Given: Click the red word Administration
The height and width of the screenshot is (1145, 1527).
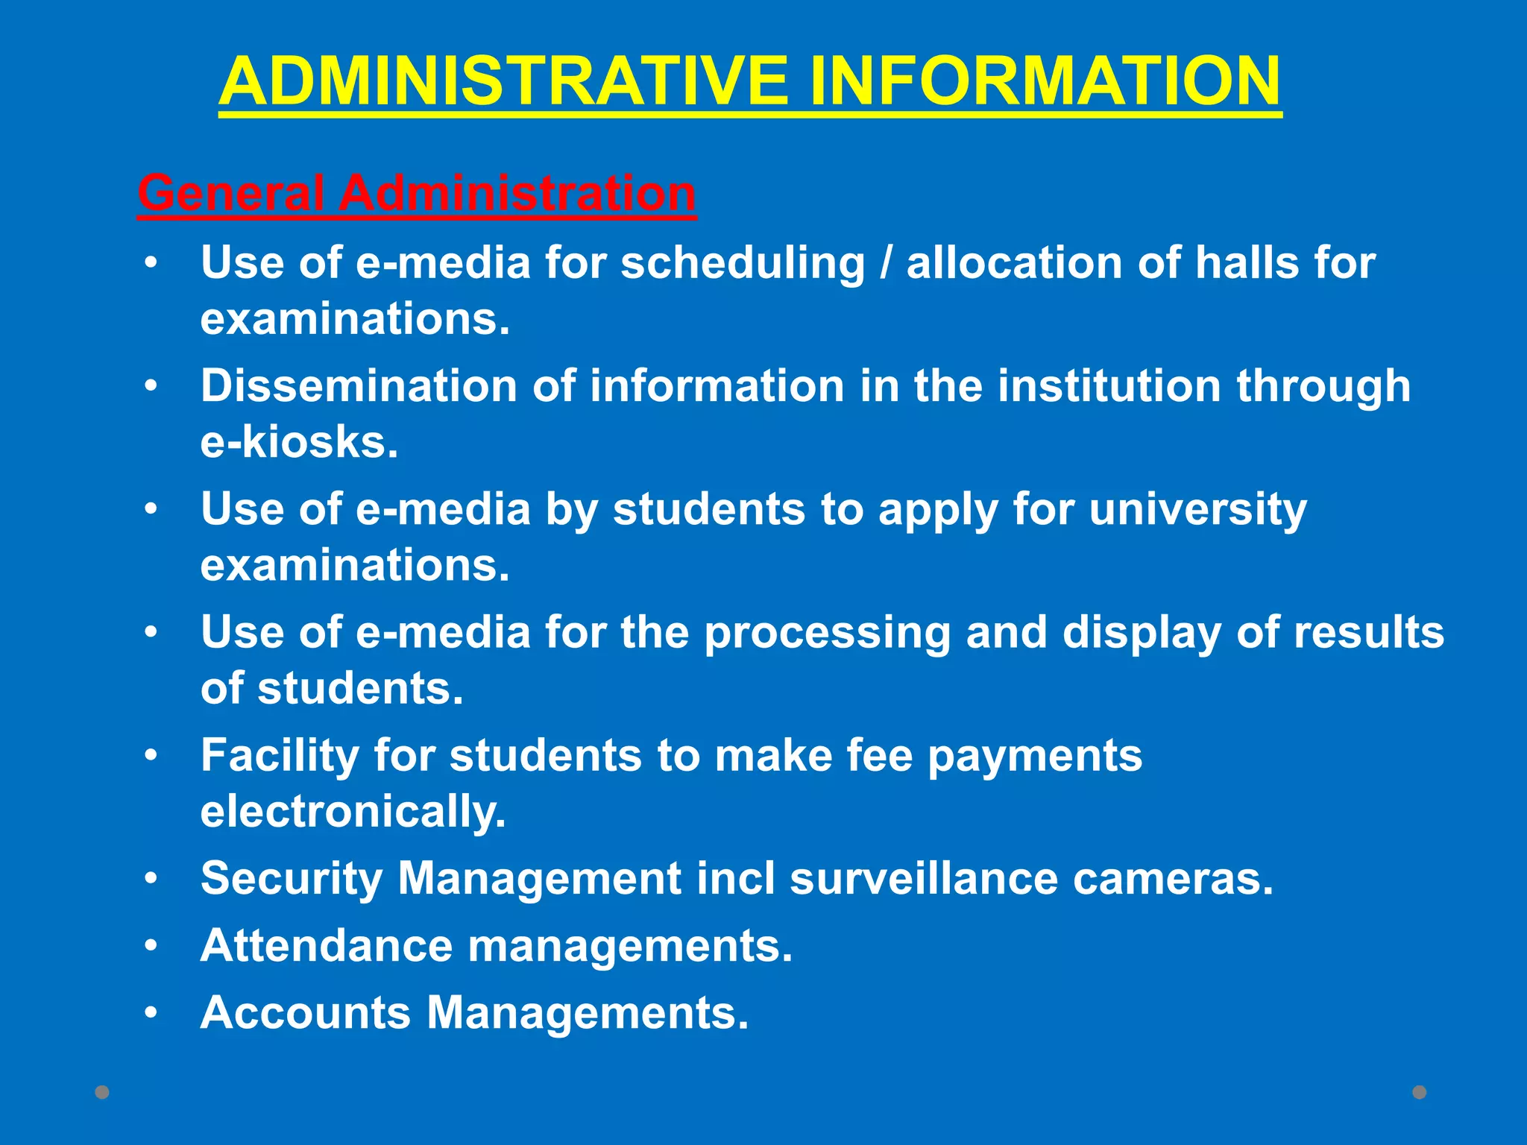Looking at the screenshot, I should point(517,193).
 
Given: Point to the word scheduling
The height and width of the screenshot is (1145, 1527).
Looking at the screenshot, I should point(743,263).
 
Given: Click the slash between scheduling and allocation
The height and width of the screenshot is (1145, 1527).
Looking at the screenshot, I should point(885,263).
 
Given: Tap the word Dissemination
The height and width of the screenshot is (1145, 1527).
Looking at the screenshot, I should point(359,386).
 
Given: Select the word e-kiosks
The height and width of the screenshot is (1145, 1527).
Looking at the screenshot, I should point(299,442).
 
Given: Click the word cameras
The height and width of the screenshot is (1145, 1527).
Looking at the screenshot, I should point(1174,878).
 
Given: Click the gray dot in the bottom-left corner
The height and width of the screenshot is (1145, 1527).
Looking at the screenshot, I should point(102,1092).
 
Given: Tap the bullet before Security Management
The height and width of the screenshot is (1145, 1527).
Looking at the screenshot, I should point(151,879).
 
